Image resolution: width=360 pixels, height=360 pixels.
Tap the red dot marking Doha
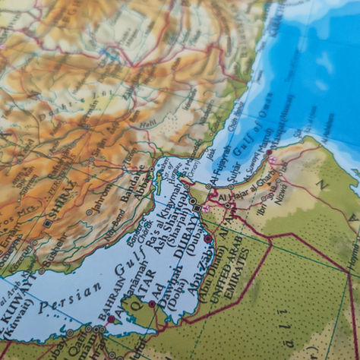point(152,304)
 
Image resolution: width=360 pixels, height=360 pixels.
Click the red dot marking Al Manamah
point(112,319)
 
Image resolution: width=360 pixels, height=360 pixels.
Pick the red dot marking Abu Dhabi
point(207,238)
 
